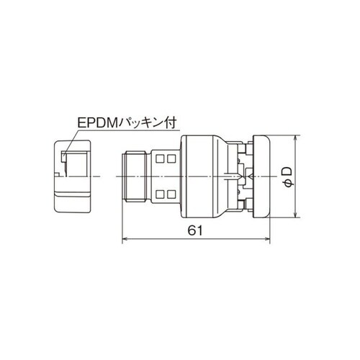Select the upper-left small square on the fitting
coord(159,157)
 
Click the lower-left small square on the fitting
coord(159,193)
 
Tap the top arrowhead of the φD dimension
coord(297,138)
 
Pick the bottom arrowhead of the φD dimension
coord(297,214)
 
